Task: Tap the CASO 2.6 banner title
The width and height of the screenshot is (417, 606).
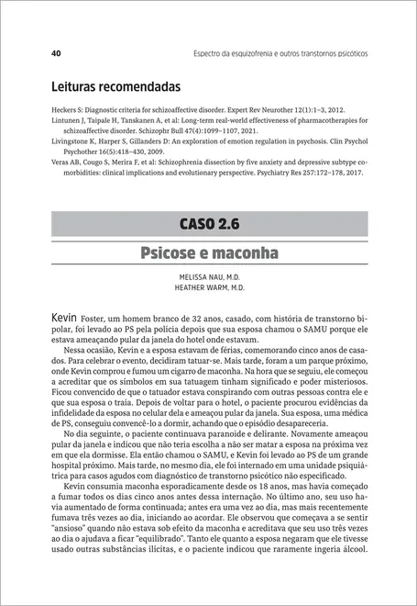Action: coord(209,223)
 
